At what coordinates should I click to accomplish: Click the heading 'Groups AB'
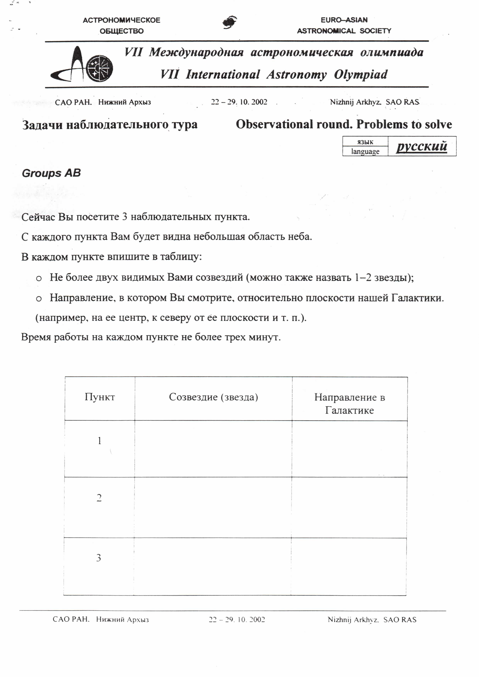point(51,173)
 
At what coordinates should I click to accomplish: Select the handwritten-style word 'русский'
point(422,146)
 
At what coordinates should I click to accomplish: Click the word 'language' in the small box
point(365,151)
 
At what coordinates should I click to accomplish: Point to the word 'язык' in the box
point(365,142)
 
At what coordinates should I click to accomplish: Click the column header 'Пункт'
point(100,397)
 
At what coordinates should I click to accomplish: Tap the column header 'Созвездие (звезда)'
point(214,397)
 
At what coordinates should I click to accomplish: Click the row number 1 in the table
point(99,441)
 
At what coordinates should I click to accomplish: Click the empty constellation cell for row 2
point(213,507)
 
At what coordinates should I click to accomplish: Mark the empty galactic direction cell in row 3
point(349,566)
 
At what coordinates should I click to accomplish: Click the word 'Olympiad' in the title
point(360,75)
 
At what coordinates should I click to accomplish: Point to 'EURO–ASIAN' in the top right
point(344,20)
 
